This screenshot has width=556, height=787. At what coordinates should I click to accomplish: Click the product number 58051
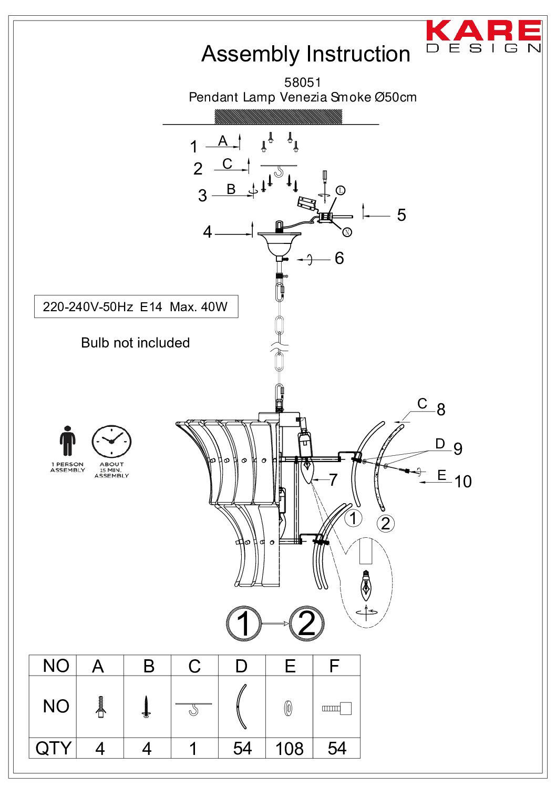(x=302, y=82)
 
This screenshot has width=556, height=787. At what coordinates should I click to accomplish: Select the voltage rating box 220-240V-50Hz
(x=136, y=307)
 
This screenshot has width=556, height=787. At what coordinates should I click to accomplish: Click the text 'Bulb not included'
(x=135, y=343)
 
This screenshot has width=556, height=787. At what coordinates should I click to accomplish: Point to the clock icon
(x=111, y=442)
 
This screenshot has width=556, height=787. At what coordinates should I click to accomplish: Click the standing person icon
(x=67, y=441)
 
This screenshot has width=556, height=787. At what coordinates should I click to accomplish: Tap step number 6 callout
(x=339, y=258)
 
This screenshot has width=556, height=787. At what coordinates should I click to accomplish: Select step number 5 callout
(x=401, y=215)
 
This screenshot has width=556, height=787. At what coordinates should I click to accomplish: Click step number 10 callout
(x=463, y=482)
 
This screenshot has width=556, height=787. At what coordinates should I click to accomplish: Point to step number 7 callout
(x=333, y=479)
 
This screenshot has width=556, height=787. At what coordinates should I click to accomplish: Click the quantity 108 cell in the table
(x=289, y=748)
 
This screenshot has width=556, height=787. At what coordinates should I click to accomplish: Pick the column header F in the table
(x=335, y=666)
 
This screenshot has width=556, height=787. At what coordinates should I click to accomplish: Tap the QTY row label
(x=53, y=748)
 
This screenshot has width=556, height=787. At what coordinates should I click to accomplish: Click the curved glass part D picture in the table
(x=242, y=706)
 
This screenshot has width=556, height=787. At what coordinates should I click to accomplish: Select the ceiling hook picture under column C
(x=194, y=708)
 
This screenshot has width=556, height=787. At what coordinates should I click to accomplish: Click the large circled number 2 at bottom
(x=307, y=624)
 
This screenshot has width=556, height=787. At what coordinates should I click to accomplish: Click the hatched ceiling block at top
(x=278, y=117)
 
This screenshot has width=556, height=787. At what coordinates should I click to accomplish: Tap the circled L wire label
(x=341, y=190)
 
